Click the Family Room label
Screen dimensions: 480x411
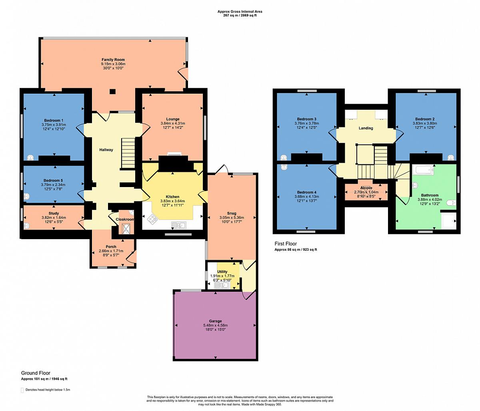click(113, 60)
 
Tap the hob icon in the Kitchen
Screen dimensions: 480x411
click(152, 218)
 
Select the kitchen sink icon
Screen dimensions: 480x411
click(178, 225)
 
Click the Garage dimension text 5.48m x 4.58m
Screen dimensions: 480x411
click(215, 325)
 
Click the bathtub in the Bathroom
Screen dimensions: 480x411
click(423, 170)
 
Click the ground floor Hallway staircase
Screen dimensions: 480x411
click(128, 153)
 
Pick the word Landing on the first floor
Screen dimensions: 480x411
click(366, 128)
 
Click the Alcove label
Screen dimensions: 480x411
click(366, 188)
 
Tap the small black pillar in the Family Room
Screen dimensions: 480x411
click(112, 92)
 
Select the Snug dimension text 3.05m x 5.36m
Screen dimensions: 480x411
click(232, 218)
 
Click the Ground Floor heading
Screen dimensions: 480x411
click(36, 373)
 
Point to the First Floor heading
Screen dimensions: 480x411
click(286, 244)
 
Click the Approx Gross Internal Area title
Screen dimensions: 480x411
click(240, 11)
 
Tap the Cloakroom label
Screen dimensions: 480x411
click(125, 220)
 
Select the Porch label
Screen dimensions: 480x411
click(111, 246)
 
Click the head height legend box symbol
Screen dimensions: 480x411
click(22, 390)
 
